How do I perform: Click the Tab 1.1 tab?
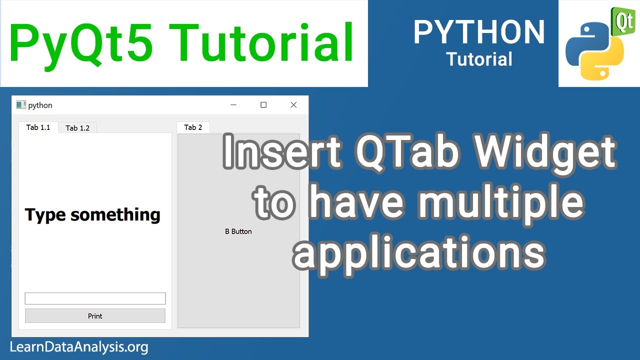[x=38, y=127]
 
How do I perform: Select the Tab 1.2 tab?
[x=77, y=128]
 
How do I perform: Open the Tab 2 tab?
[x=193, y=127]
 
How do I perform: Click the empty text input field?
[x=95, y=298]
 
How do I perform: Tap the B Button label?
[x=238, y=231]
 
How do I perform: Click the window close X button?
[x=293, y=105]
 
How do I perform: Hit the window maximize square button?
[x=263, y=105]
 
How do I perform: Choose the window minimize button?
[x=233, y=105]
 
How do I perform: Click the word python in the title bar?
[x=40, y=105]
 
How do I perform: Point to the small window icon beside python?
[x=20, y=105]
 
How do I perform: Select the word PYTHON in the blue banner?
[x=479, y=32]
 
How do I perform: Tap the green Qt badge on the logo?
[x=622, y=21]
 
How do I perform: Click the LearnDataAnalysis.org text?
[x=79, y=346]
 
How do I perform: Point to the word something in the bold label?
[x=115, y=215]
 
